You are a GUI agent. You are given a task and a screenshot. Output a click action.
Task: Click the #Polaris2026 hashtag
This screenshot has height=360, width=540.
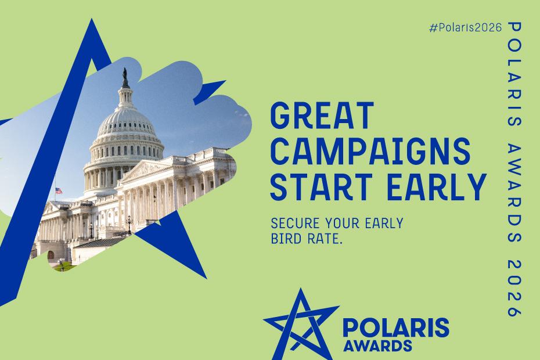pyautogui.click(x=465, y=28)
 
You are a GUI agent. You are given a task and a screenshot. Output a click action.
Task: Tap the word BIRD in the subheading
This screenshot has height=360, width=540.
pyautogui.click(x=285, y=238)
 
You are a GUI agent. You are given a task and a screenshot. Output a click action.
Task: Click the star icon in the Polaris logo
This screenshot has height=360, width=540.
pyautogui.click(x=300, y=321)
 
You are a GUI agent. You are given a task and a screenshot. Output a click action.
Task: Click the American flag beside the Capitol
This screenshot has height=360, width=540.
pyautogui.click(x=58, y=191)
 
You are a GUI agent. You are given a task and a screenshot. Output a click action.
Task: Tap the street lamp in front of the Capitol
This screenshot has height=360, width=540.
pyautogui.click(x=129, y=224)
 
